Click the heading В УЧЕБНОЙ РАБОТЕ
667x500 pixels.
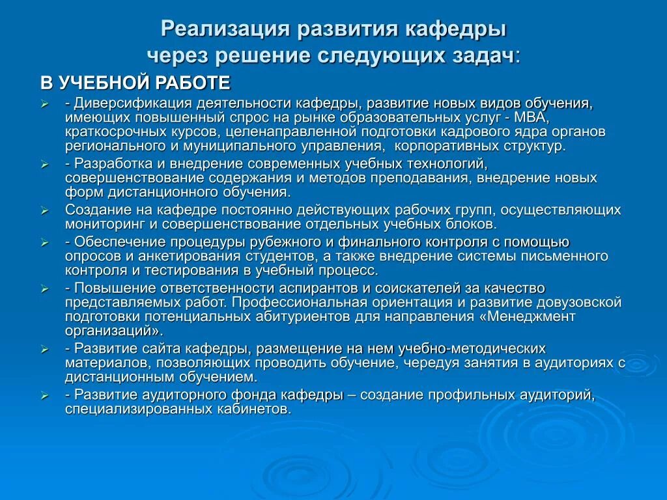click(135, 83)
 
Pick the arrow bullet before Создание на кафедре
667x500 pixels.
click(44, 211)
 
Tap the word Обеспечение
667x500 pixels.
click(116, 242)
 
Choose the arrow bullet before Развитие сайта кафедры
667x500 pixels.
click(44, 349)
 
